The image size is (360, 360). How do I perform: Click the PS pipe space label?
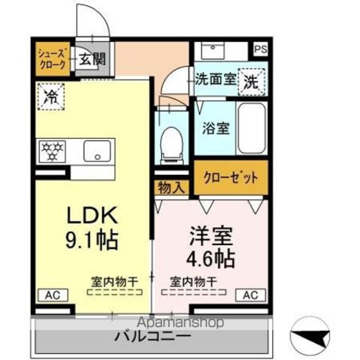tap(261, 49)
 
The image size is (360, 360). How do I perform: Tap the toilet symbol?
tap(172, 145)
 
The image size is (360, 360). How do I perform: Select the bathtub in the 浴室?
tap(251, 128)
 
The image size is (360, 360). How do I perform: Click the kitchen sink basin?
tap(97, 151)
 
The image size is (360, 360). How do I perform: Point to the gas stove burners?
tap(52, 151)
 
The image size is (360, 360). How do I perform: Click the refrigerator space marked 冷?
tap(51, 97)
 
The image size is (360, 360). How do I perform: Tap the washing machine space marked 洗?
tap(251, 82)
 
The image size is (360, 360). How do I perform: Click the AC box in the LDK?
tap(52, 295)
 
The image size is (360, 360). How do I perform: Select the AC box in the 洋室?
tap(251, 295)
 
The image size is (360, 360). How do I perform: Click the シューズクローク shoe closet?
tap(52, 58)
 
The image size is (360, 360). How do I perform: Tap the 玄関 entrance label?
tap(92, 59)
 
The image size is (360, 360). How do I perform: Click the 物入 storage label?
tap(171, 188)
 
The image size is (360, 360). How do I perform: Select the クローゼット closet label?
tap(231, 178)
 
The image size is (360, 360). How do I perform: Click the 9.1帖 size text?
tap(92, 240)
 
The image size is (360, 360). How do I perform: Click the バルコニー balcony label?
tap(152, 336)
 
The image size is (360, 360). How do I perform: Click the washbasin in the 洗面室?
tap(213, 51)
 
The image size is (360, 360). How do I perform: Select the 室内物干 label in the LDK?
tap(115, 282)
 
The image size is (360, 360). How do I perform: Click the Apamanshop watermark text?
tap(180, 322)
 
